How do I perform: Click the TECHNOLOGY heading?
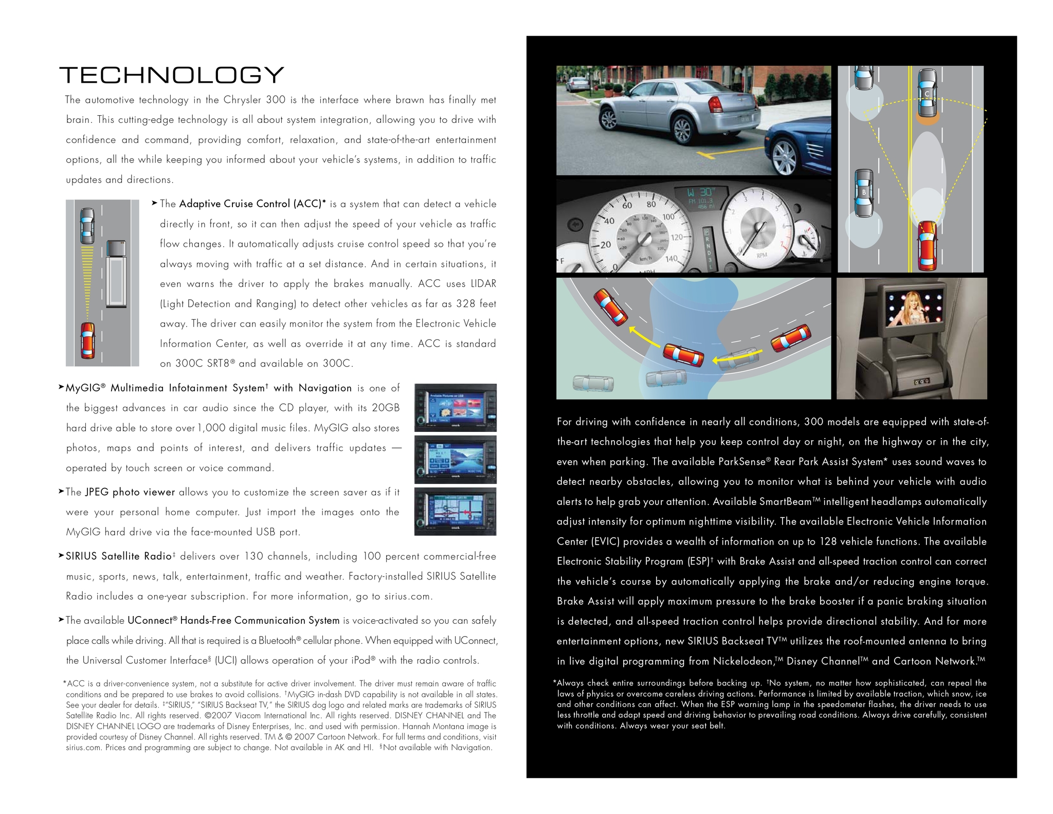(171, 75)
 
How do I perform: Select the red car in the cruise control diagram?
(88, 340)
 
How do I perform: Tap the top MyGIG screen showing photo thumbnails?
(455, 408)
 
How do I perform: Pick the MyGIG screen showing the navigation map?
(455, 512)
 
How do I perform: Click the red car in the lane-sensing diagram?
(928, 245)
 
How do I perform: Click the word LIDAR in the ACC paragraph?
(483, 284)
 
